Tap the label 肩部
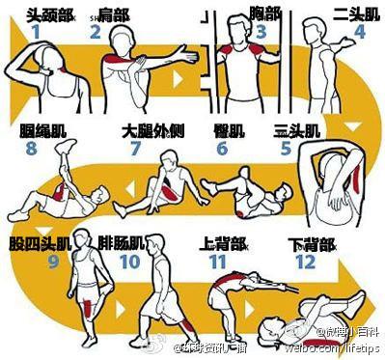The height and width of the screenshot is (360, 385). tap(113, 12)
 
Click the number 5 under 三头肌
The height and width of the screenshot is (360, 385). tap(286, 149)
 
